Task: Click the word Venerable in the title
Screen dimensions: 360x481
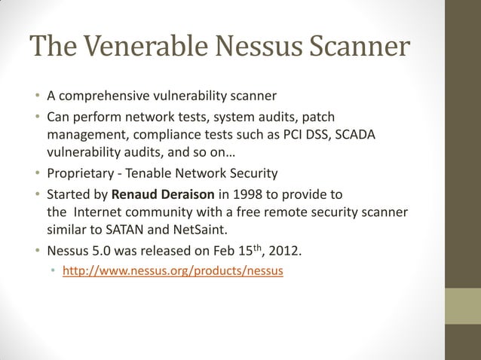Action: coord(147,48)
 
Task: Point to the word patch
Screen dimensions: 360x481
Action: coord(320,116)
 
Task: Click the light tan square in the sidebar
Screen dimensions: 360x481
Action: coord(462,307)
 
